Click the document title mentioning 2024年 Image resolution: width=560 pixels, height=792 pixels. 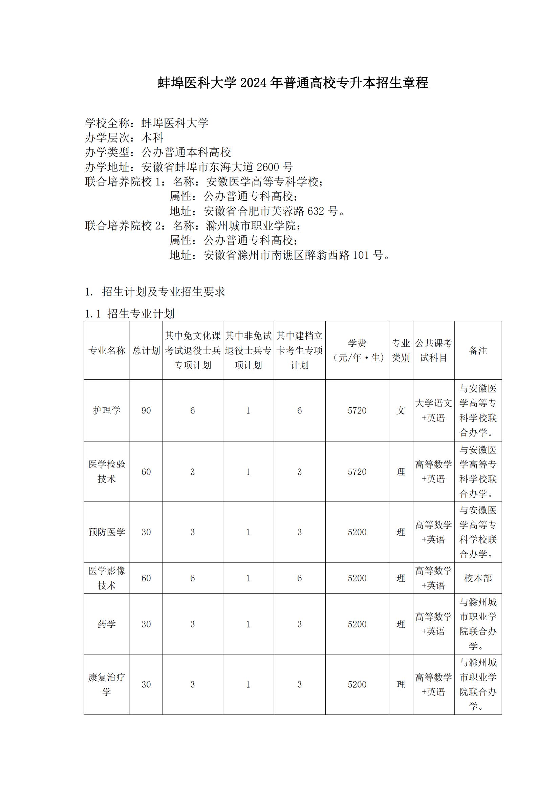(x=293, y=83)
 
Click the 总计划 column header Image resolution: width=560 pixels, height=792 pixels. (x=146, y=350)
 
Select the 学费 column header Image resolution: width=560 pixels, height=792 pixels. (x=357, y=350)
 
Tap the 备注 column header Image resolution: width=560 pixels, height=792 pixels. (x=478, y=350)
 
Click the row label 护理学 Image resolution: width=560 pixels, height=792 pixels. (x=107, y=410)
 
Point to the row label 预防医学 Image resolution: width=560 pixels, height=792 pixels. (x=107, y=532)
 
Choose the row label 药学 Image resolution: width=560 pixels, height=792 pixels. (x=107, y=624)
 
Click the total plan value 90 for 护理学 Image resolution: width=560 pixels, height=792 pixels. (x=146, y=410)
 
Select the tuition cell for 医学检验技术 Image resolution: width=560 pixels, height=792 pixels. (x=357, y=472)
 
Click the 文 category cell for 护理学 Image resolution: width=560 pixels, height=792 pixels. (x=401, y=410)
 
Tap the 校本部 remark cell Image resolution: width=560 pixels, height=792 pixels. (x=478, y=578)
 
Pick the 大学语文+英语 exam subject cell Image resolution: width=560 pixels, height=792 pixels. (x=433, y=410)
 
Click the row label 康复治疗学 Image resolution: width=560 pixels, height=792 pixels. (x=107, y=684)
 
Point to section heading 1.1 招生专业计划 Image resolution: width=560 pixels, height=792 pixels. (x=130, y=314)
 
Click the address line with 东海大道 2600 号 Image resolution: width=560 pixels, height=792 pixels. (x=189, y=167)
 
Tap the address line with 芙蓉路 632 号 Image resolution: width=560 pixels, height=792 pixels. (x=257, y=211)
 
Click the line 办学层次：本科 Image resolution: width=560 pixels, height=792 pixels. (x=124, y=137)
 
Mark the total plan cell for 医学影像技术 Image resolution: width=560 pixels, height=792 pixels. (x=146, y=578)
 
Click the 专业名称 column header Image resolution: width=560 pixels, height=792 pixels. (x=107, y=350)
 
